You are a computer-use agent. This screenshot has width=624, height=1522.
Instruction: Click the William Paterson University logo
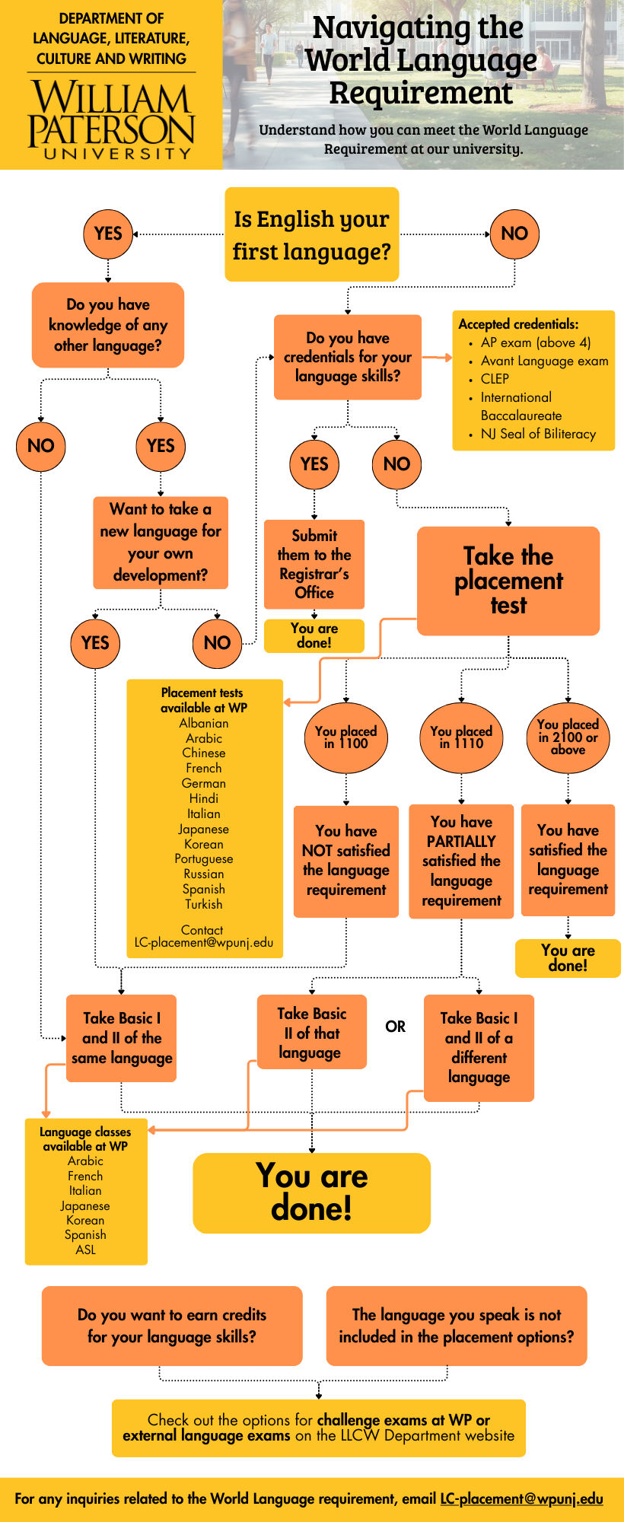(111, 120)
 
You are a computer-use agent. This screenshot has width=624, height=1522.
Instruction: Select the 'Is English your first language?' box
(311, 234)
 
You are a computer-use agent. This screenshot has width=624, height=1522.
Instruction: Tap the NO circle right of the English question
(514, 234)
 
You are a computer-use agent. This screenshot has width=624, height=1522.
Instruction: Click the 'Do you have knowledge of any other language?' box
(108, 325)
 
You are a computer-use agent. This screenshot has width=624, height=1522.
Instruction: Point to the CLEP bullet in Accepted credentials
(495, 378)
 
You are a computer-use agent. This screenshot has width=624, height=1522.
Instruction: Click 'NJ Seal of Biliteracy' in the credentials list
(537, 434)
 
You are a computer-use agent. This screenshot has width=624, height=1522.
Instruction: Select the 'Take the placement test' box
(508, 581)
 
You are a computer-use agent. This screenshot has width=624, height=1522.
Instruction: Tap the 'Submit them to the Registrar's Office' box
(314, 564)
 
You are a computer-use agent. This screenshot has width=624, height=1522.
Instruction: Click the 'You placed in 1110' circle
(461, 737)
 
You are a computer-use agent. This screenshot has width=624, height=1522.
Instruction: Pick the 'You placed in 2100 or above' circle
(568, 737)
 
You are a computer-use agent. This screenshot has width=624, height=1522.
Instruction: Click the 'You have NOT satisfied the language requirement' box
(346, 861)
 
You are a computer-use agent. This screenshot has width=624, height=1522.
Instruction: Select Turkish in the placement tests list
(204, 904)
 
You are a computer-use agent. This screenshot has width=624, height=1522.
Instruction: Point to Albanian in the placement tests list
(204, 723)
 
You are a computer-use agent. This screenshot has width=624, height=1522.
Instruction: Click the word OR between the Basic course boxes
(395, 1027)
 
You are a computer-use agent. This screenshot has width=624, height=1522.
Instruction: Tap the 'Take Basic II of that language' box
(312, 1033)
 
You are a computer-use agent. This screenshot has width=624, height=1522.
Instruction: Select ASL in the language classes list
(86, 1250)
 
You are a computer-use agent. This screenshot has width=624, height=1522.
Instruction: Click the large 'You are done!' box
(311, 1192)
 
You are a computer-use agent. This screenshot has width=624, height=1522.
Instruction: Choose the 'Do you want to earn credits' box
(172, 1326)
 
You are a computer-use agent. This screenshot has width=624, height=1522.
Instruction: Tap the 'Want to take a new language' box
(161, 542)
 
